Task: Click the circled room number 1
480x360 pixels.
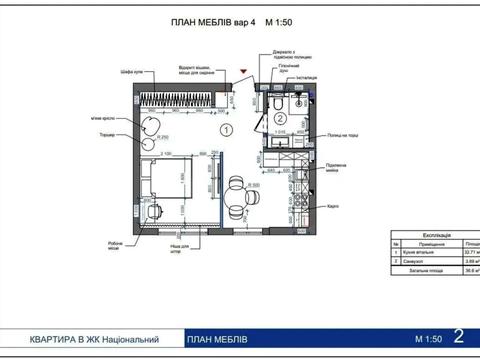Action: pos(227,129)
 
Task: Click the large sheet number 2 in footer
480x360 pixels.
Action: pos(459,338)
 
